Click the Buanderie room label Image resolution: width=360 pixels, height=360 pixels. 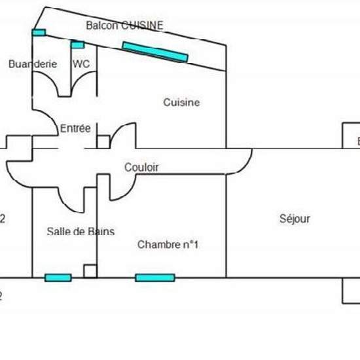(x=33, y=64)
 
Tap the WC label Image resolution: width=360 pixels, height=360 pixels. (x=81, y=64)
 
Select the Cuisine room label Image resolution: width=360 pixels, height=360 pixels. (x=181, y=103)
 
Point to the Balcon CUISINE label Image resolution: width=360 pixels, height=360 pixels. (x=124, y=26)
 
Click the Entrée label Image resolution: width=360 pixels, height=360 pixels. (x=75, y=129)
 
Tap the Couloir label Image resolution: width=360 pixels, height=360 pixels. (x=141, y=168)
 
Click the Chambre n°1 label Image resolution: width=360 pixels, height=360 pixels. (x=168, y=245)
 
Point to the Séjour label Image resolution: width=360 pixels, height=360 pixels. (x=294, y=219)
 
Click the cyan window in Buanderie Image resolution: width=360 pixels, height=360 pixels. (x=39, y=32)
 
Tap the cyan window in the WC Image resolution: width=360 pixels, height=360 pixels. (x=78, y=45)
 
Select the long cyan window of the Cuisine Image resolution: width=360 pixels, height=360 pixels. (x=155, y=52)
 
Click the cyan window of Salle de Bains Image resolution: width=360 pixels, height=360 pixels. (x=58, y=278)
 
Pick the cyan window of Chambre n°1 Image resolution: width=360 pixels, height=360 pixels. (x=155, y=278)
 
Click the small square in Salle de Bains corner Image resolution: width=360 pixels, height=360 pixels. (x=90, y=271)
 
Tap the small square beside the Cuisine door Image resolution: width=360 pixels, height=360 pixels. (x=103, y=141)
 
